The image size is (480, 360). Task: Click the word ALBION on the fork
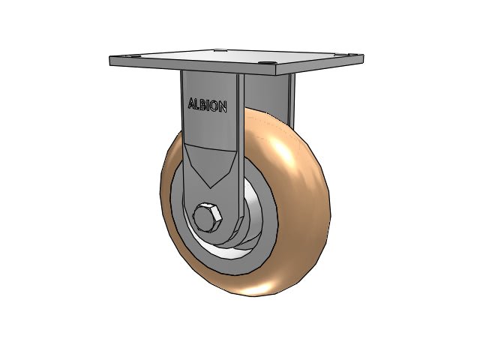coord(207,105)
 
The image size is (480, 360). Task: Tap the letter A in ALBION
coord(191,103)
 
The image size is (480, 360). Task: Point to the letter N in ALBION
coord(223,107)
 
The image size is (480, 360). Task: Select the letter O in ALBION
coord(215,106)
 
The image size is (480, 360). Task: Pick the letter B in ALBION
coord(203,105)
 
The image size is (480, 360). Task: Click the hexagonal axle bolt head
coord(207,217)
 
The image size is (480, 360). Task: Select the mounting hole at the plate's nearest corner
coord(267,63)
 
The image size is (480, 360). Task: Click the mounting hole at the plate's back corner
coord(220,50)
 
